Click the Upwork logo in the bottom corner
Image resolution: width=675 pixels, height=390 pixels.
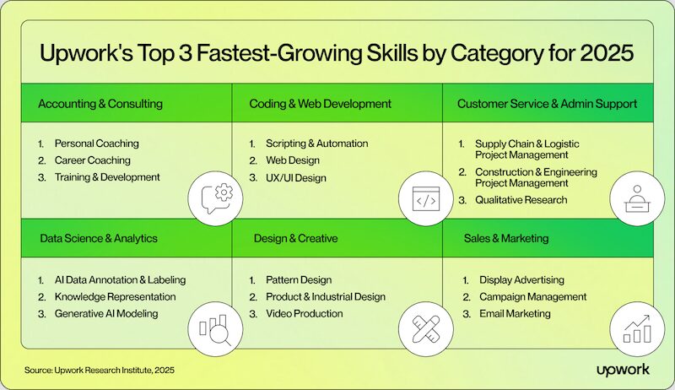pos(623,370)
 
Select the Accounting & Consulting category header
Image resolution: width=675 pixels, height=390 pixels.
pos(100,104)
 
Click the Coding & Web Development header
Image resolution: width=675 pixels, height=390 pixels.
pos(321,104)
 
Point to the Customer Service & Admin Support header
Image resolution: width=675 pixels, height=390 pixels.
pos(547,104)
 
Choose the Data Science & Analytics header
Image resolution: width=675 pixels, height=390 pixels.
pos(99,239)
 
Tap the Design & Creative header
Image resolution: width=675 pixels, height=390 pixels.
pos(296,239)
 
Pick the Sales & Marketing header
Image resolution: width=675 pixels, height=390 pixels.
pos(506,239)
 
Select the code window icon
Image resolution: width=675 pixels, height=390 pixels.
pos(426,199)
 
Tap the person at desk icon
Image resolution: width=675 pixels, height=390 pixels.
pos(638,199)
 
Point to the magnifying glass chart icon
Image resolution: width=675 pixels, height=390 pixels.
pos(215,330)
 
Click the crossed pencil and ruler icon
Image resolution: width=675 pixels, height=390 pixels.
pos(426,329)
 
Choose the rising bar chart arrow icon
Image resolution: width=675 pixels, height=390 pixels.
pos(637,328)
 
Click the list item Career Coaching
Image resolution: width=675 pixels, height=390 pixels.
pos(93,160)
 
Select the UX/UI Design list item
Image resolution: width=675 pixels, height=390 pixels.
pos(296,178)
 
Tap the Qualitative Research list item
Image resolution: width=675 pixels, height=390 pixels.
pos(521,200)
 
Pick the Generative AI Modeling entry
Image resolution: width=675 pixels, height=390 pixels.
pos(106,314)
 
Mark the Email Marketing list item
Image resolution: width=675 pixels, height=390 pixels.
pos(515,314)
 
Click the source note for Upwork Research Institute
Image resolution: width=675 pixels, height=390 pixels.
pos(100,371)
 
